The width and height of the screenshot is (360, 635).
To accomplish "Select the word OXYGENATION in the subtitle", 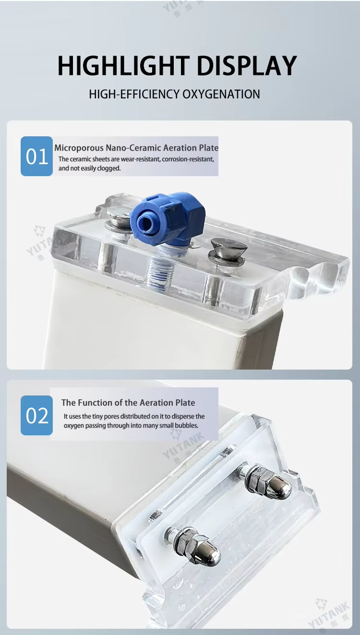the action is click(221, 95).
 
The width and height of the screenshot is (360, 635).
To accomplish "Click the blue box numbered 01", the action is click(36, 156).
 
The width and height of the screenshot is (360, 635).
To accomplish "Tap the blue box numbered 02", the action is click(36, 415).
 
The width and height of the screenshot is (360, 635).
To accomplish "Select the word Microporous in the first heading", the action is click(79, 148).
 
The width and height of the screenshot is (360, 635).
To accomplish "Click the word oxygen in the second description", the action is click(73, 426).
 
